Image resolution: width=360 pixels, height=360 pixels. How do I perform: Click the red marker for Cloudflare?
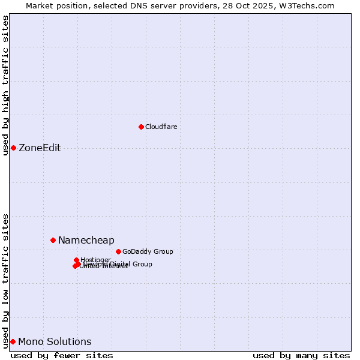(141, 127)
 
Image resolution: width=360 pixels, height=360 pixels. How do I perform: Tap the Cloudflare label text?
(161, 127)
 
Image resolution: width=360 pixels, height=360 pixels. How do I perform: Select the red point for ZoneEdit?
(13, 148)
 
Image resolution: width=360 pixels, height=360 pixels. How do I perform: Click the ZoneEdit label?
(40, 148)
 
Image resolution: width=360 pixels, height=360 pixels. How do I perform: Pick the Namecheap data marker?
(53, 240)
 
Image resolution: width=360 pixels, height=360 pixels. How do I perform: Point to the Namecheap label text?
(86, 241)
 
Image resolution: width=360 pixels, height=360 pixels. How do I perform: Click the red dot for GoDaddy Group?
(118, 251)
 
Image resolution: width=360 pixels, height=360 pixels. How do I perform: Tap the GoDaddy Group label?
(148, 252)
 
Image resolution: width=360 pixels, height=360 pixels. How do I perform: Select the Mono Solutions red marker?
(13, 341)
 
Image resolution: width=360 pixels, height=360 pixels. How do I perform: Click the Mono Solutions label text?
(55, 342)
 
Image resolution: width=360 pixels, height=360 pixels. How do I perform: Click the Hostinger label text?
(95, 260)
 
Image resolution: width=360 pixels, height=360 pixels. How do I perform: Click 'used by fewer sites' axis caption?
(62, 355)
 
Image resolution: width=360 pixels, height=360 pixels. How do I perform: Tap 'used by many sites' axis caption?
(301, 355)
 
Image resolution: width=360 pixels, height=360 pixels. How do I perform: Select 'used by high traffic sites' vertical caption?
(6, 85)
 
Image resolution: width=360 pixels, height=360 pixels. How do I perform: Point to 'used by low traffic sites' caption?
(6, 280)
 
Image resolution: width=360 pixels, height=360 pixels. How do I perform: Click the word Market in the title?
(39, 5)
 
